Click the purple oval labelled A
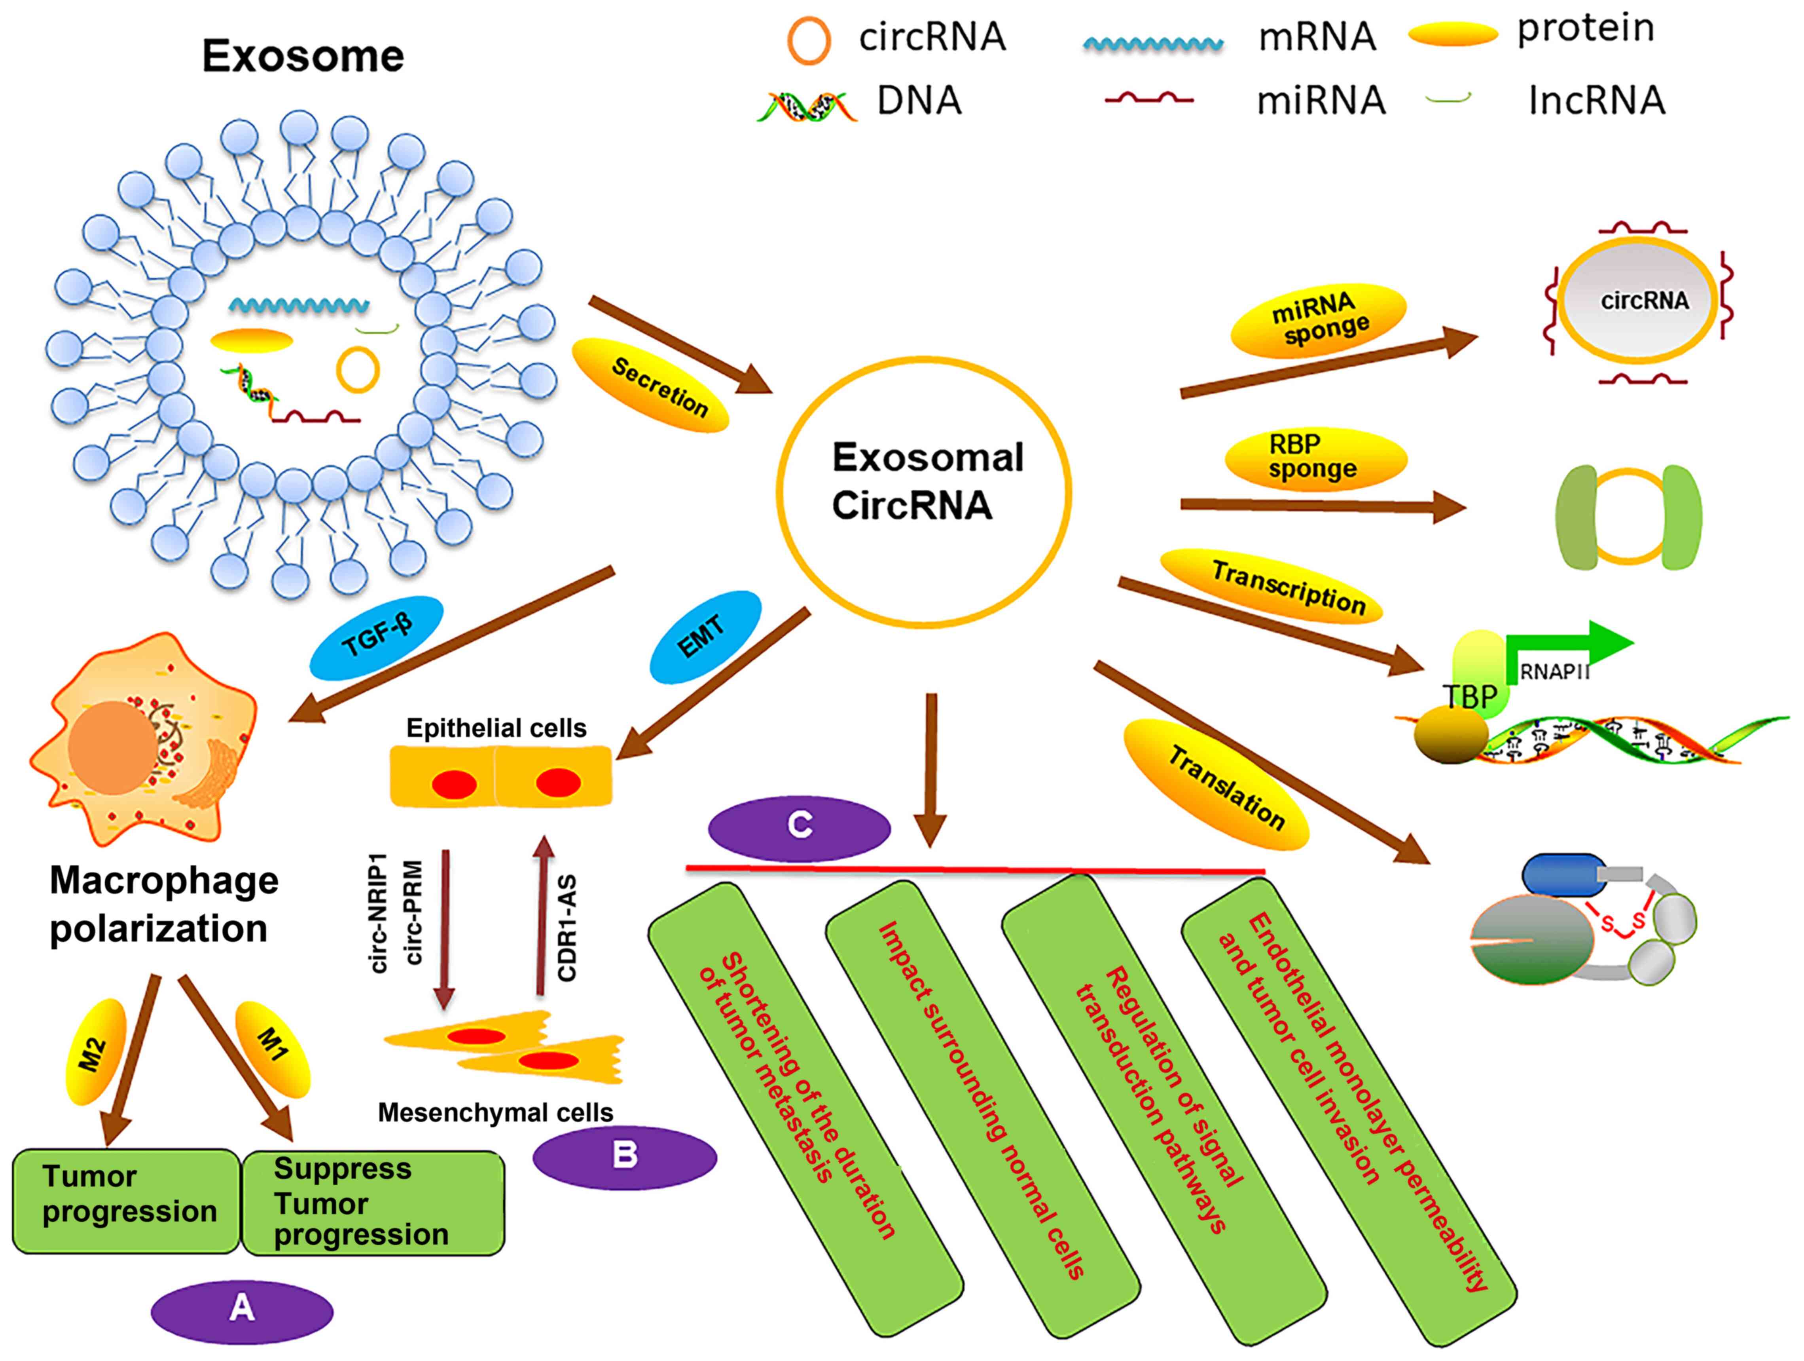click(242, 1310)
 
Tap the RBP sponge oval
click(1315, 458)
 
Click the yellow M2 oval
click(96, 1051)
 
